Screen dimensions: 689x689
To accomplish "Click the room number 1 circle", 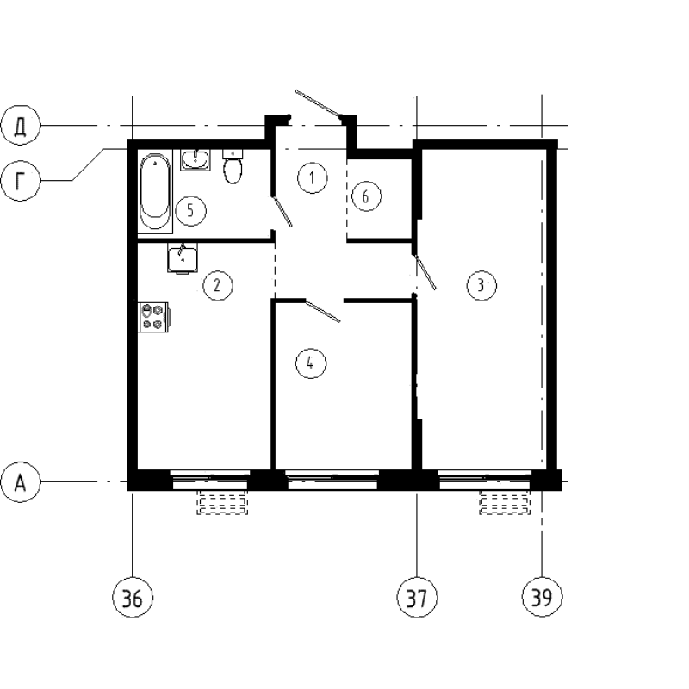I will point(312,179).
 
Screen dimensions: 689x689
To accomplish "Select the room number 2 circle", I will point(217,285).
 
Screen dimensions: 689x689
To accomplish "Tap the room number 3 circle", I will point(481,285).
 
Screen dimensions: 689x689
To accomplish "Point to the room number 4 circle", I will point(310,363).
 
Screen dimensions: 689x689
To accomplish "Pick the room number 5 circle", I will point(191,209).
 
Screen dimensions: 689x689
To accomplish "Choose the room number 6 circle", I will point(365,197).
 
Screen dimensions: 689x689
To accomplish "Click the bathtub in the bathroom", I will point(156,191).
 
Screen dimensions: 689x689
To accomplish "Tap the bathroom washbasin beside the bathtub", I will point(196,159).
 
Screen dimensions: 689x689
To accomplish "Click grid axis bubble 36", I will point(132,596).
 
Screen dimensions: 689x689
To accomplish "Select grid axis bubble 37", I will point(417,596).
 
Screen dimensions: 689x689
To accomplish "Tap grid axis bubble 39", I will point(541,596).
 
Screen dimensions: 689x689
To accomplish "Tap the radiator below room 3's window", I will point(503,503).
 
